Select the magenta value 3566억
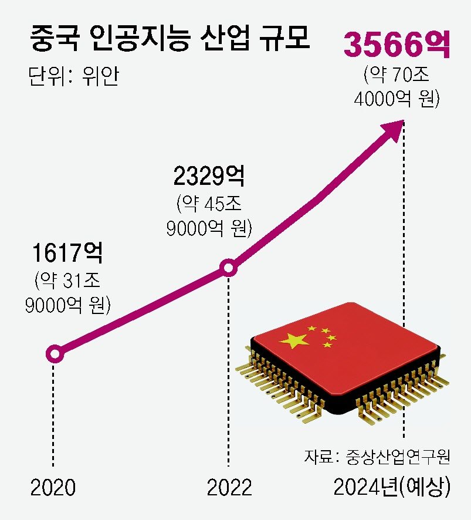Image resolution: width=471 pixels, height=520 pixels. tap(397, 46)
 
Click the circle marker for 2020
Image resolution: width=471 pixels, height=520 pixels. tap(55, 354)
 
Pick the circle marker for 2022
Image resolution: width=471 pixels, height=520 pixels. tap(228, 269)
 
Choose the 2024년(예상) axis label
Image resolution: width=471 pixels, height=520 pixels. tap(392, 487)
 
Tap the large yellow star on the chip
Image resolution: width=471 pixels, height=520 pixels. tap(294, 340)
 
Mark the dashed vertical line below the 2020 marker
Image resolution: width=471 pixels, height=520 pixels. tap(55, 411)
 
